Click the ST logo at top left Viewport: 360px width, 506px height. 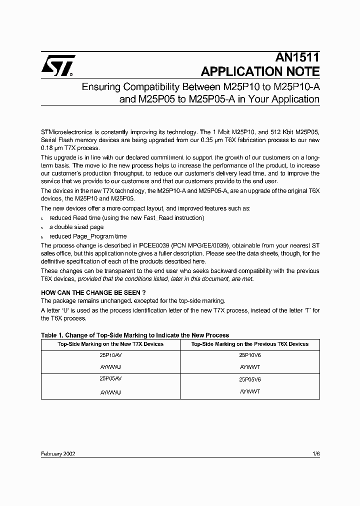[x=58, y=65]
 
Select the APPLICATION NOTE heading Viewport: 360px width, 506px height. [x=260, y=71]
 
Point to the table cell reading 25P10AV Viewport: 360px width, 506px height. [x=110, y=355]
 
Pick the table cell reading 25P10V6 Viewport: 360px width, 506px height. [x=250, y=355]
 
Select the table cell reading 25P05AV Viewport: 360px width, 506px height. [x=110, y=379]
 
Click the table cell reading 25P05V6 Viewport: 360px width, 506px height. [x=250, y=379]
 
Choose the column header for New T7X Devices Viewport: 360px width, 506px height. [x=110, y=344]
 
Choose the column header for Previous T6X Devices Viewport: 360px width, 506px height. [x=250, y=344]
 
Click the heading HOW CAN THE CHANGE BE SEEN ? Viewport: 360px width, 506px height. [x=93, y=292]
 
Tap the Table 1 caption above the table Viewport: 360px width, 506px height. [x=134, y=335]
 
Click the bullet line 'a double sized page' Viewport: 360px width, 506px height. [x=76, y=227]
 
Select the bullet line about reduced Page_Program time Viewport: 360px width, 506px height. [x=88, y=236]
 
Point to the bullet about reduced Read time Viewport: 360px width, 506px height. [x=126, y=218]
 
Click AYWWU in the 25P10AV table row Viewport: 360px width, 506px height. [x=110, y=367]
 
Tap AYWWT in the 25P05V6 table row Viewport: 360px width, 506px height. [x=250, y=392]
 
